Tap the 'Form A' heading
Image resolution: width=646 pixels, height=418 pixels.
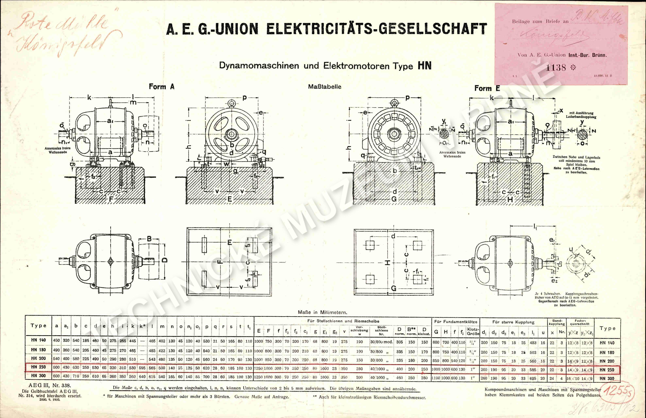(x=161, y=87)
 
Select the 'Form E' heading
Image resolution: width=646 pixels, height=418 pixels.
(x=487, y=88)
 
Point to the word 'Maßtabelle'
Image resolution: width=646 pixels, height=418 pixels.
(x=325, y=87)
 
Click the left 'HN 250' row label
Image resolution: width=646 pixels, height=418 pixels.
(x=38, y=367)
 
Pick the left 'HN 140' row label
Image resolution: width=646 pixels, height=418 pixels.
(x=38, y=340)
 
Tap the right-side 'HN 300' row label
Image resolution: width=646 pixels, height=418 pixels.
(x=607, y=378)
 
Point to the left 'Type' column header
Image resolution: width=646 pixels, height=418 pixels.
(x=38, y=326)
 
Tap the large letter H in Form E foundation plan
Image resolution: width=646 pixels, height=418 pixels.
(x=388, y=262)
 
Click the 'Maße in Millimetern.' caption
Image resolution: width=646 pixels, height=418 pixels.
(x=322, y=312)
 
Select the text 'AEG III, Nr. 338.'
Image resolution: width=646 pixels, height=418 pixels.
(x=50, y=385)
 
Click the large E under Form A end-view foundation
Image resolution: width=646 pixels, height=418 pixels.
(x=230, y=199)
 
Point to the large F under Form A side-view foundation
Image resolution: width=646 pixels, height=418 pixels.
(x=111, y=199)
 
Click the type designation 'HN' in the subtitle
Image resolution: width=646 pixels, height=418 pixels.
(x=425, y=66)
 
